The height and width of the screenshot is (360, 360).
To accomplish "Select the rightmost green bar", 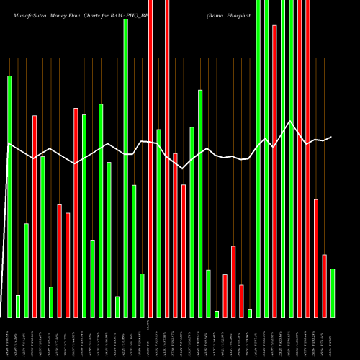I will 332,292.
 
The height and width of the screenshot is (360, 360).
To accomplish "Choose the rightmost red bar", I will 324,286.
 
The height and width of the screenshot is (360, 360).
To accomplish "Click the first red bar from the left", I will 35,216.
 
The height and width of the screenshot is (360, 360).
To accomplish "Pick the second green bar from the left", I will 18,306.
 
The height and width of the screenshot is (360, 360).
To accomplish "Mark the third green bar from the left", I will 26,270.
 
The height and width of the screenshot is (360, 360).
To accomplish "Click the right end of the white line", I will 332,137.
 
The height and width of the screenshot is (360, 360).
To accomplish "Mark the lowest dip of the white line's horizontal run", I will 183,168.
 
